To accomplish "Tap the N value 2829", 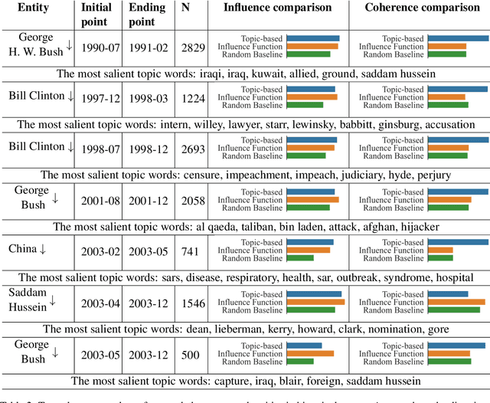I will click(x=193, y=47).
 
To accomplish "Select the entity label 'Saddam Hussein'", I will click(x=30, y=300).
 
